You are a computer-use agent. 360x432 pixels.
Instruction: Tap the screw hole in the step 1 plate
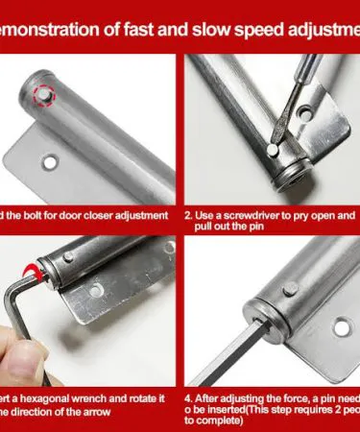tap(46, 161)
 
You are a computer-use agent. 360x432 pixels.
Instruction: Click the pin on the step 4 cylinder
tap(289, 288)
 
